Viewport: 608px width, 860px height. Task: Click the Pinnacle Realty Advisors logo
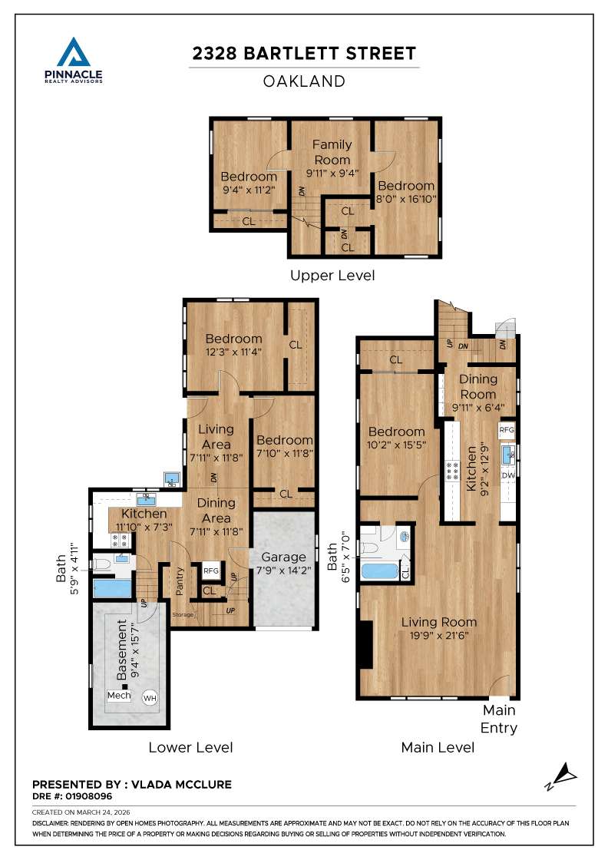point(74,60)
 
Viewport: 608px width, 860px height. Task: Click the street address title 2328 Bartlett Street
point(304,53)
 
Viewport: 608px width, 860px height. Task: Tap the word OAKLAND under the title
point(304,81)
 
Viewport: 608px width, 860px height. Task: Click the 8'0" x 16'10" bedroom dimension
point(405,198)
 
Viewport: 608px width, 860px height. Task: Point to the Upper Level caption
point(332,275)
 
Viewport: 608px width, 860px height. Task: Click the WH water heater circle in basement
point(150,698)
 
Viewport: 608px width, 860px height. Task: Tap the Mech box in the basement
point(119,696)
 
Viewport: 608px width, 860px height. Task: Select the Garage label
point(284,557)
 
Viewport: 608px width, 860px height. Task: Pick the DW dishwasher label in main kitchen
point(508,476)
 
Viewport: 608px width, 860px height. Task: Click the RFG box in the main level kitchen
point(507,430)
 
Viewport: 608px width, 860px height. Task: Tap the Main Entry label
point(499,719)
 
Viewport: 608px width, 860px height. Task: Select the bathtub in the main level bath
point(380,572)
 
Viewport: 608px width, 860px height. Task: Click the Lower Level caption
point(190,747)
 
